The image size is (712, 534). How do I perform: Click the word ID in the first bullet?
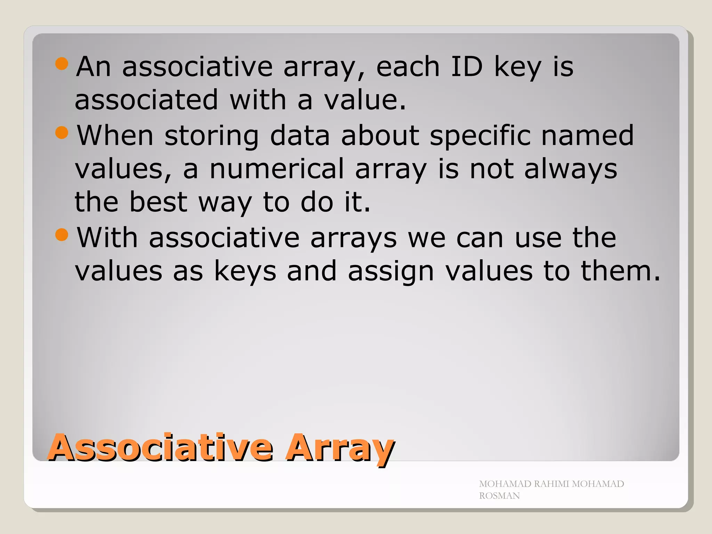pos(467,66)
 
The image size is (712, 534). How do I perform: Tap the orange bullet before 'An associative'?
pos(62,64)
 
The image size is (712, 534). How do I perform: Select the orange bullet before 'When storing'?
pos(62,132)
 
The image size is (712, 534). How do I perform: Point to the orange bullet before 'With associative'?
pos(62,235)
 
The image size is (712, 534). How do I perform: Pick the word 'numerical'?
pos(277,169)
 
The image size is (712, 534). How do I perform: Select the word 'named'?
pos(588,135)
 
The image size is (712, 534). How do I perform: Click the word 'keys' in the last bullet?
pos(245,272)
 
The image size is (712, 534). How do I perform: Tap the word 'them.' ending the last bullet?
pos(621,271)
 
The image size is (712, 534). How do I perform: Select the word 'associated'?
pos(146,100)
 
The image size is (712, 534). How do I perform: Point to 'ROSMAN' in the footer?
pos(499,496)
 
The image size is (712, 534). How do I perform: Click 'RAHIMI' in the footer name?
pos(551,484)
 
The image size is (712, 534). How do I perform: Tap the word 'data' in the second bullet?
pos(300,135)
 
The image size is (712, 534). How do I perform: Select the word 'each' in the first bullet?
pos(408,66)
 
